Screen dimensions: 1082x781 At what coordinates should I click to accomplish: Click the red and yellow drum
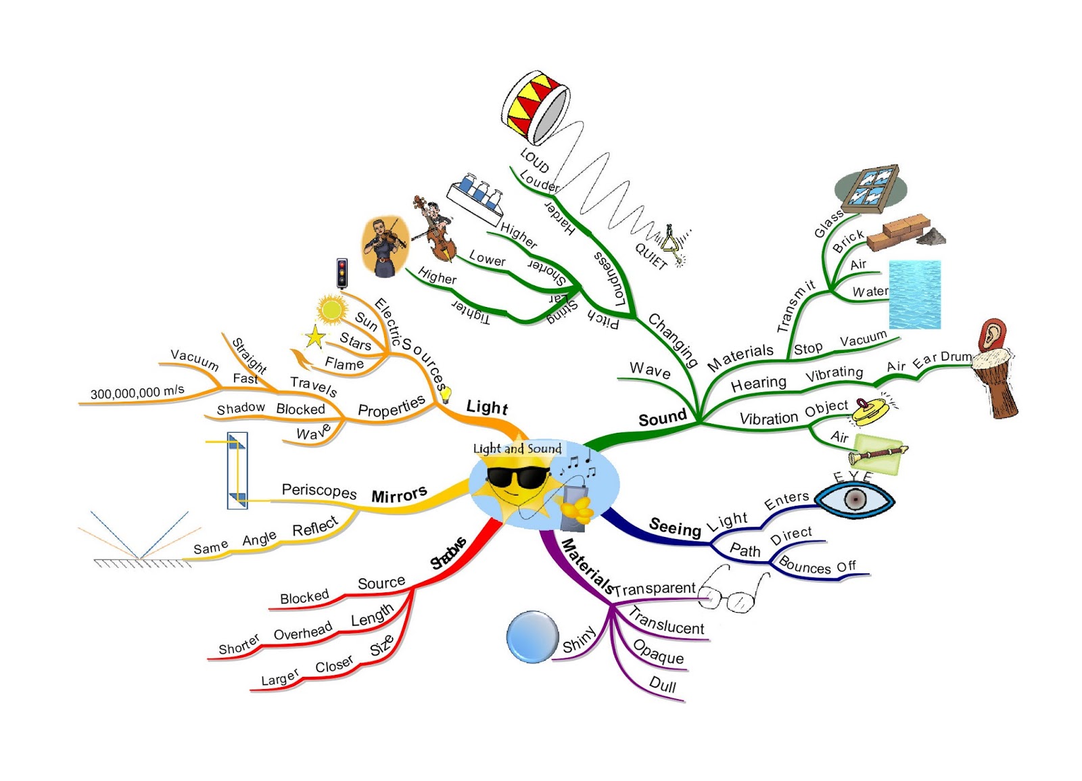click(534, 106)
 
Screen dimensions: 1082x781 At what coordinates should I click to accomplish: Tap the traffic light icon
click(342, 273)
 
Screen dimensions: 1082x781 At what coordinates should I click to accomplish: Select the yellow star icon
click(314, 336)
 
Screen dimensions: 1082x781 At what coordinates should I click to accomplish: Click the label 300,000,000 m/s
click(137, 392)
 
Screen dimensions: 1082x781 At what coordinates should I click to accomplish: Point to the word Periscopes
click(319, 490)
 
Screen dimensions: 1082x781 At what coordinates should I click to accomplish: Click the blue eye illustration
click(855, 500)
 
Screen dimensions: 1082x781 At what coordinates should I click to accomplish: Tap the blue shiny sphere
click(532, 636)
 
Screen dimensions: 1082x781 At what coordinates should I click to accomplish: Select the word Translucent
click(667, 621)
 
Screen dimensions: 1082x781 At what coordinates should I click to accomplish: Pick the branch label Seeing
click(674, 527)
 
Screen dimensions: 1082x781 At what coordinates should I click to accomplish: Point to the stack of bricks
click(899, 231)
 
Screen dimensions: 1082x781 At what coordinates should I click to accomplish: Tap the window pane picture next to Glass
click(871, 185)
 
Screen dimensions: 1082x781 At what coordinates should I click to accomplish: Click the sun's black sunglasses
click(517, 477)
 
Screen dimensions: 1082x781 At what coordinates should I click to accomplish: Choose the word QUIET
click(651, 256)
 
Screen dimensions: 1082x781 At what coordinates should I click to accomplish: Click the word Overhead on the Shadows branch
click(302, 632)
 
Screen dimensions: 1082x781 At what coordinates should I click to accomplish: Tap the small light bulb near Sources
click(446, 394)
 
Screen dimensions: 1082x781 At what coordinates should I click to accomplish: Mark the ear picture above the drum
click(992, 334)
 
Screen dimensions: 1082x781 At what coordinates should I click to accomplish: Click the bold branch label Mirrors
click(399, 495)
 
